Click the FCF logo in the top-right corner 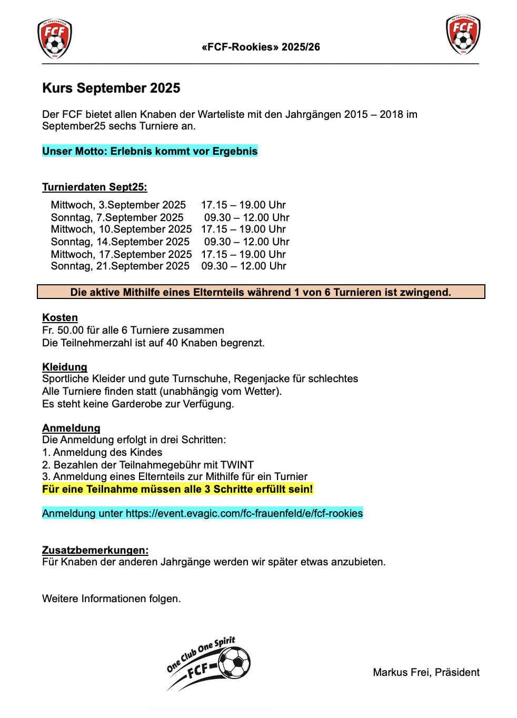click(463, 35)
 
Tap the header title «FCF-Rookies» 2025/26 click(261, 47)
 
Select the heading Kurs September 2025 click(111, 88)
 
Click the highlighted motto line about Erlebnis click(150, 151)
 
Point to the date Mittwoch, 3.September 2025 click(118, 205)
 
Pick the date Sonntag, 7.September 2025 click(117, 217)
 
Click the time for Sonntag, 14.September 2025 click(246, 242)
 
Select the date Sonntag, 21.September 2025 click(120, 266)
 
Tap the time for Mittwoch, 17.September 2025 click(243, 254)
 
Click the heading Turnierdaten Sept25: click(95, 187)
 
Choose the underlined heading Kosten click(60, 317)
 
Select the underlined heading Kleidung click(65, 367)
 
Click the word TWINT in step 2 click(237, 465)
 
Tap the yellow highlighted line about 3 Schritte click(177, 489)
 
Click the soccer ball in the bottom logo click(234, 663)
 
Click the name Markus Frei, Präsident click(426, 672)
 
